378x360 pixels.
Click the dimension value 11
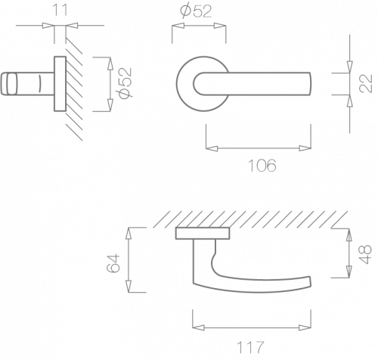coord(60,11)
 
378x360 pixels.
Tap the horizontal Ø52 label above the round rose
coord(197,11)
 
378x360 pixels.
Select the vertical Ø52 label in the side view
coord(125,83)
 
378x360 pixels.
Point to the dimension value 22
coord(366,83)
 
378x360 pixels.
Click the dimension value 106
coord(262,166)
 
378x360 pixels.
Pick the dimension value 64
coord(113,263)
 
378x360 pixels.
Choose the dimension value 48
coord(365,254)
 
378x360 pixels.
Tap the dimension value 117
coord(250,347)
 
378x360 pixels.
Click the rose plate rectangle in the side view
coord(60,84)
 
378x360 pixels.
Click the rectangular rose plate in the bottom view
coord(203,233)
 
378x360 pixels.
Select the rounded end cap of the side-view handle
coord(9,84)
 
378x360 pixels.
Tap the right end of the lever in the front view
coord(310,84)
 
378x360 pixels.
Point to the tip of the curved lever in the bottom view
coord(309,281)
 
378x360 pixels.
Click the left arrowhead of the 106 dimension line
coord(212,148)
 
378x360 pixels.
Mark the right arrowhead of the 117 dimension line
coord(305,327)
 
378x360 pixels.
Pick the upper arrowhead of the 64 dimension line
coord(129,234)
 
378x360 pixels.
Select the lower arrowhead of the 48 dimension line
coord(349,272)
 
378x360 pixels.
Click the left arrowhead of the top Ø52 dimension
coord(178,26)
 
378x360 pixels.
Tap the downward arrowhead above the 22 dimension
coord(349,67)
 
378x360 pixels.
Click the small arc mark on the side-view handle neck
coord(39,83)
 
